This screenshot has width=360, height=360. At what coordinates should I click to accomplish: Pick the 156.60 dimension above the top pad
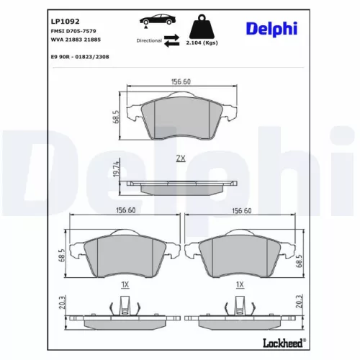181,82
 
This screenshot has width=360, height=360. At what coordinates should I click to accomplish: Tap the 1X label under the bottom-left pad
124,285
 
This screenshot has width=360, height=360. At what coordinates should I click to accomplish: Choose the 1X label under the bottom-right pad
240,285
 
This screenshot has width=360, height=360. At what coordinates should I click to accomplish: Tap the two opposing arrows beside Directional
172,41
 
